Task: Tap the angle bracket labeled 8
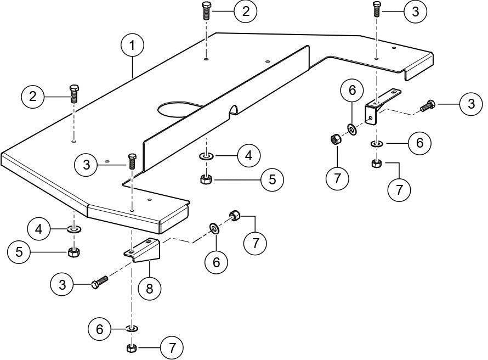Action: (144, 250)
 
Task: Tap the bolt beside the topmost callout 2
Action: (207, 10)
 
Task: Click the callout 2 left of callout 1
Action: (33, 97)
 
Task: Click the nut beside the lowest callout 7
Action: (131, 348)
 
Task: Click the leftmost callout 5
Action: (20, 252)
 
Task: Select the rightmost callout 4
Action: (249, 156)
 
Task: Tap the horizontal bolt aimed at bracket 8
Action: (99, 282)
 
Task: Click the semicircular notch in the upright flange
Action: (234, 109)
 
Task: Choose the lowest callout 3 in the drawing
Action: (62, 284)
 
